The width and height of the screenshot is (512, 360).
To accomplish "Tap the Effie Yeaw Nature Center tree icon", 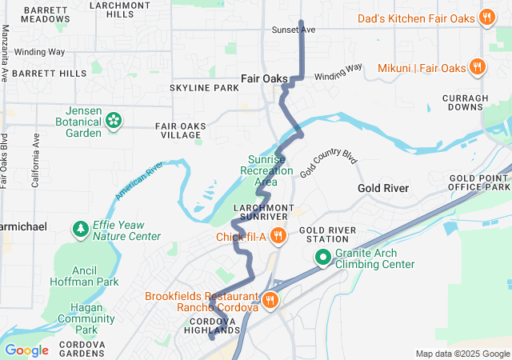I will click(x=81, y=230).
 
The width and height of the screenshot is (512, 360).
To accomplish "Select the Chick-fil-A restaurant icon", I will click(x=278, y=236).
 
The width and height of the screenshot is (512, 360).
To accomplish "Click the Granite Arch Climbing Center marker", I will click(x=322, y=258).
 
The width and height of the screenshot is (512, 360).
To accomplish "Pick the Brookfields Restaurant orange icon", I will click(x=270, y=301).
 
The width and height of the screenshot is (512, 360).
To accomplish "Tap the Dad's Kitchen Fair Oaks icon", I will click(x=486, y=18).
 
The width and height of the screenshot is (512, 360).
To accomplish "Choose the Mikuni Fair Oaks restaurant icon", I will click(x=477, y=68).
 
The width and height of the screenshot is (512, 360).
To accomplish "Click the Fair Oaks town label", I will click(x=265, y=78).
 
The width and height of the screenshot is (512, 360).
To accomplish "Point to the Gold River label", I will click(x=383, y=188).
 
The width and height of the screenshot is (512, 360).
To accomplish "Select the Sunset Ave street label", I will click(x=295, y=30).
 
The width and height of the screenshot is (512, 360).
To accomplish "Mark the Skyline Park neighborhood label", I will click(x=204, y=87).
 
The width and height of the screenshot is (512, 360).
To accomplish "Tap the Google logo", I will click(x=26, y=350).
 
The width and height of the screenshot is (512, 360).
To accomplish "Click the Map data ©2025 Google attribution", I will click(x=462, y=354).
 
